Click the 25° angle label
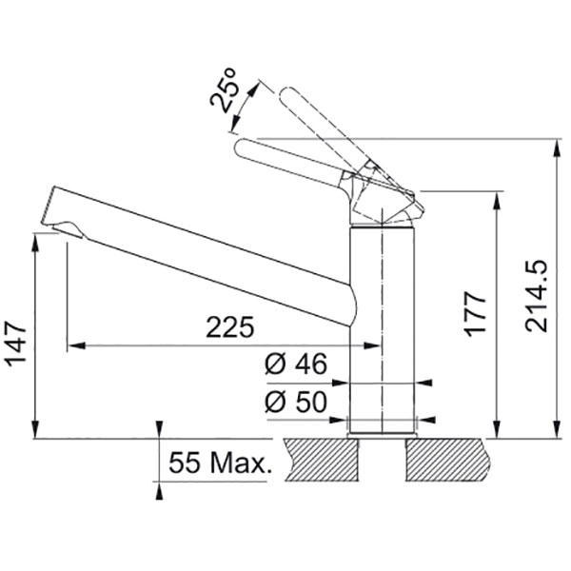tap(225, 91)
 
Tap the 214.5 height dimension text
tap(536, 296)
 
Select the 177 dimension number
tap(475, 315)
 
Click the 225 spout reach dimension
tap(229, 327)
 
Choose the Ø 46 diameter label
tap(296, 364)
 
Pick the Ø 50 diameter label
tap(296, 402)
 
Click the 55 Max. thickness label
tap(221, 463)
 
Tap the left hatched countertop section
tap(322, 460)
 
